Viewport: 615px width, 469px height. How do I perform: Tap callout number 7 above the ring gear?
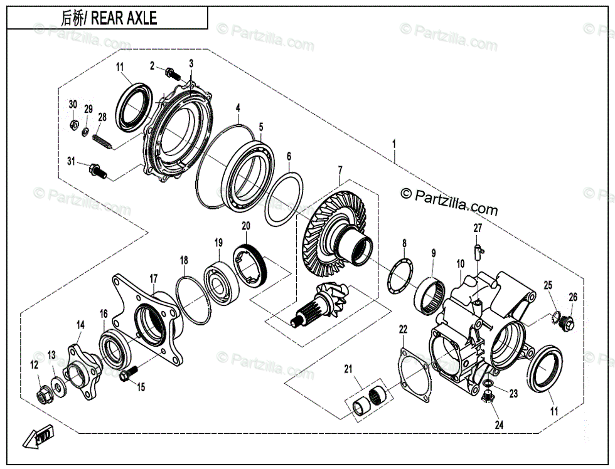(x=340, y=171)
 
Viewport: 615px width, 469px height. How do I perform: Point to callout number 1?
(x=394, y=145)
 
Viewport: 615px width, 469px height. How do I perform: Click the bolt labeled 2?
(x=171, y=74)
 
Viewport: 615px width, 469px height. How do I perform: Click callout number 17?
(x=153, y=277)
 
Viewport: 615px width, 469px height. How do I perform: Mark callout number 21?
(x=348, y=369)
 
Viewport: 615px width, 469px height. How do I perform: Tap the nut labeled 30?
(x=73, y=124)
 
